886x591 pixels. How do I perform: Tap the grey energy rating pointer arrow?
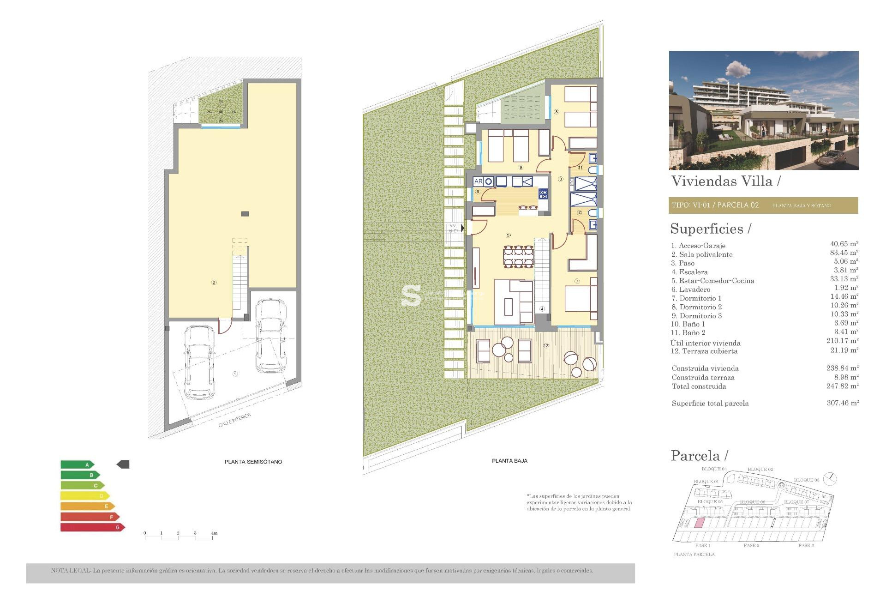(x=123, y=464)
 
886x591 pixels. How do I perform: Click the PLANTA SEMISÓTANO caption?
(x=253, y=462)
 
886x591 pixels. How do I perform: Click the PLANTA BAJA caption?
(x=509, y=461)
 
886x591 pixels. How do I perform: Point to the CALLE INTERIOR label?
(x=235, y=420)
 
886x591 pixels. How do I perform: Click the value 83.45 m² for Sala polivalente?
(x=844, y=253)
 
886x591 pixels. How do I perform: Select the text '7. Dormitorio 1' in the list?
(x=696, y=298)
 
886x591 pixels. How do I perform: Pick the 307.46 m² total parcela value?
(x=843, y=403)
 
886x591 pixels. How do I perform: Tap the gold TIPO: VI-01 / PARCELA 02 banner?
(x=763, y=205)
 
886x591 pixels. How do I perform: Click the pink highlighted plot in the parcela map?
(x=700, y=523)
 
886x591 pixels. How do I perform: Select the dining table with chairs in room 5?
(x=519, y=257)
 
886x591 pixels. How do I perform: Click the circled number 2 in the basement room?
(x=214, y=282)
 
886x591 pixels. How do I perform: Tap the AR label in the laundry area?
(x=478, y=181)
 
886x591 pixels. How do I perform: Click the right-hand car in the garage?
(x=270, y=336)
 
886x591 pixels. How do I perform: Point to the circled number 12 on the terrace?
(x=546, y=345)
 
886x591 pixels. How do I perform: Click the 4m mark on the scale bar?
(x=214, y=533)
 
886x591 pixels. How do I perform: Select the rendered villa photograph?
(x=763, y=110)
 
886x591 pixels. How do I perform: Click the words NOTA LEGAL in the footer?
(x=71, y=571)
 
